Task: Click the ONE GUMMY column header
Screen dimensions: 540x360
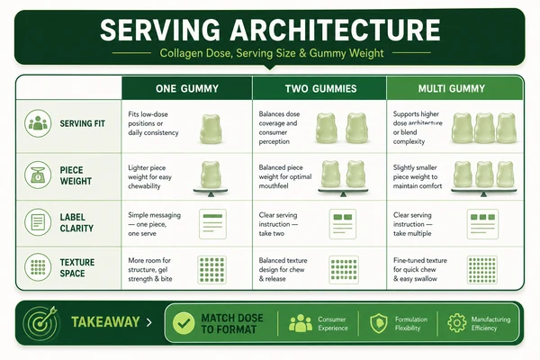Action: pyautogui.click(x=187, y=88)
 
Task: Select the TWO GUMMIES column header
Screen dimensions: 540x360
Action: pyautogui.click(x=320, y=88)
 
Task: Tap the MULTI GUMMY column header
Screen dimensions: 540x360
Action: pyautogui.click(x=452, y=88)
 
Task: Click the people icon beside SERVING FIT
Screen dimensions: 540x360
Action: pyautogui.click(x=38, y=123)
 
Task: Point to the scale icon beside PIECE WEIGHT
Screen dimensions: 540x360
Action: pyautogui.click(x=38, y=175)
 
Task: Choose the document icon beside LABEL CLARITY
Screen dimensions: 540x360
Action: pyautogui.click(x=38, y=222)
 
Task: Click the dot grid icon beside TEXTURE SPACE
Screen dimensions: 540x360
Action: pyautogui.click(x=38, y=267)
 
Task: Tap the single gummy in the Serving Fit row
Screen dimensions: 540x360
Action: pyautogui.click(x=211, y=129)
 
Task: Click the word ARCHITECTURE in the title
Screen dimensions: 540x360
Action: pyautogui.click(x=335, y=30)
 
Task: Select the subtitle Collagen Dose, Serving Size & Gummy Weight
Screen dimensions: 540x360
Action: pyautogui.click(x=272, y=53)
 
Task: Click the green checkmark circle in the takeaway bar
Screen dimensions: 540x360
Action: pyautogui.click(x=184, y=323)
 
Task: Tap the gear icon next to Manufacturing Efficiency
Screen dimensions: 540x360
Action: pyautogui.click(x=456, y=323)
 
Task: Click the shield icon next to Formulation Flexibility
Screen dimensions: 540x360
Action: pyautogui.click(x=379, y=323)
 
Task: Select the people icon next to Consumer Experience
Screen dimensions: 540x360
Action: pyautogui.click(x=301, y=323)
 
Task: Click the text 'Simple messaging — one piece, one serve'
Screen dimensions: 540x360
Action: pyautogui.click(x=154, y=224)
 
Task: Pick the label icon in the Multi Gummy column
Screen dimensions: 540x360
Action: pyautogui.click(x=482, y=224)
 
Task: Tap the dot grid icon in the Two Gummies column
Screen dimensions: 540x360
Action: pyautogui.click(x=344, y=270)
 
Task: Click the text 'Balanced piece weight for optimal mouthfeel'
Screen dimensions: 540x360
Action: pyautogui.click(x=285, y=176)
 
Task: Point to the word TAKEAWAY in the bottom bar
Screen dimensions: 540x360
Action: pyautogui.click(x=105, y=322)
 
